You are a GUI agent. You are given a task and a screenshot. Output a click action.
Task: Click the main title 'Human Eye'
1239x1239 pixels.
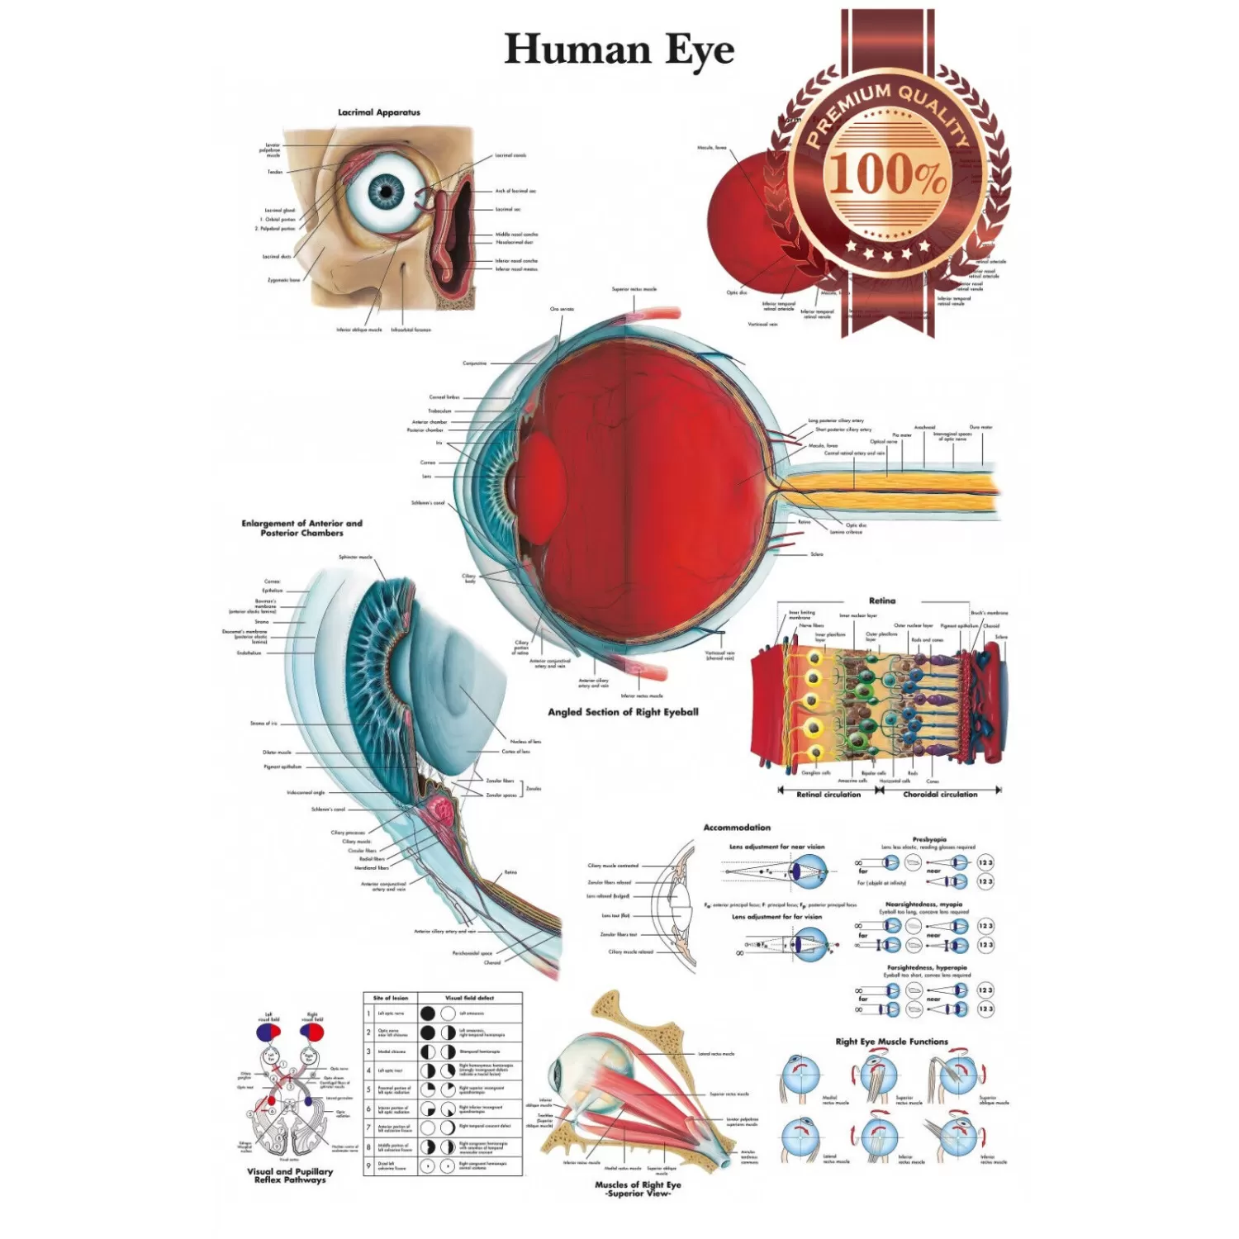[x=619, y=50]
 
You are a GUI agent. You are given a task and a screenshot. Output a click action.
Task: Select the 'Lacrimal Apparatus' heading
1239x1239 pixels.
[x=378, y=112]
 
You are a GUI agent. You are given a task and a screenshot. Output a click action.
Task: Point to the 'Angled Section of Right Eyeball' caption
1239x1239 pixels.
[x=623, y=712]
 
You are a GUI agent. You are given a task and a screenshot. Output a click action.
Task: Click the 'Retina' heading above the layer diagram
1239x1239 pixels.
[x=881, y=601]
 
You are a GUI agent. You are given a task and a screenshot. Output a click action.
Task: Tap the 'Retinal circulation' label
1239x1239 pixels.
[x=828, y=795]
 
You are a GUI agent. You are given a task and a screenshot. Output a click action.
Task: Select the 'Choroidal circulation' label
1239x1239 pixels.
[x=940, y=795]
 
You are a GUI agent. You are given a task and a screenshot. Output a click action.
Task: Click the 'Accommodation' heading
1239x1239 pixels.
[x=737, y=828]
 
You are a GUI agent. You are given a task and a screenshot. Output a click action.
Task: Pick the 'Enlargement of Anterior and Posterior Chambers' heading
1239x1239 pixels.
[x=301, y=528]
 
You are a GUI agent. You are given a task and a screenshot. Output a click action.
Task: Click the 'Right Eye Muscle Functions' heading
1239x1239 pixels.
[x=891, y=1042]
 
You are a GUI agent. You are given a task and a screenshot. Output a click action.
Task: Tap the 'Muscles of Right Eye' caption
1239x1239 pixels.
[x=638, y=1184]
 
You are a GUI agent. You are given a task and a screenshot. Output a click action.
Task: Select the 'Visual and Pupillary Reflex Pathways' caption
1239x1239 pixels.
[x=290, y=1175]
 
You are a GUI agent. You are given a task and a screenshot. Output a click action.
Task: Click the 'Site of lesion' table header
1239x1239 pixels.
[x=391, y=998]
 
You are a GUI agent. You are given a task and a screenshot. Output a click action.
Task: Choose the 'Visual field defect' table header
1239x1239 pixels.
[x=469, y=998]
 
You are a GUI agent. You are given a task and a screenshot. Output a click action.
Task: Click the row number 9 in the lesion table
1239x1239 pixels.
[x=368, y=1166]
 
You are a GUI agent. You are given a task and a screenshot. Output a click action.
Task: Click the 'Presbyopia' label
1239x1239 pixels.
[x=929, y=839]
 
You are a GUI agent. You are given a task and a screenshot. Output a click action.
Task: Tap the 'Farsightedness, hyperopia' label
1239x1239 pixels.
[x=927, y=967]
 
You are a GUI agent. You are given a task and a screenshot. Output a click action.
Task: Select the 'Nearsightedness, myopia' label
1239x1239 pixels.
[x=923, y=904]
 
